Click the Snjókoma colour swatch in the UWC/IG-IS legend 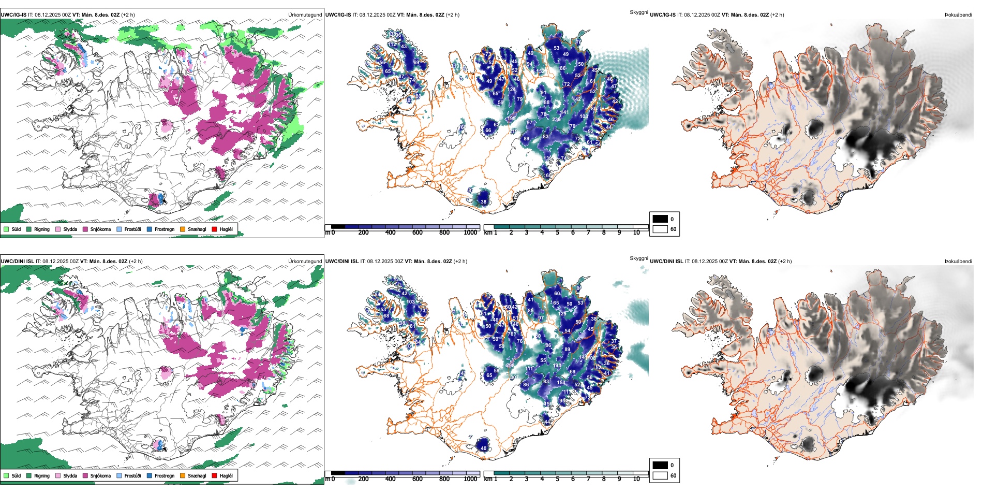point(85,229)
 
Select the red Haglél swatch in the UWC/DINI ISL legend point(214,475)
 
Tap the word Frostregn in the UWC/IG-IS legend point(165,229)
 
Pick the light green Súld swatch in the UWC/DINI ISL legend point(6,475)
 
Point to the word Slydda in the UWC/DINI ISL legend point(70,475)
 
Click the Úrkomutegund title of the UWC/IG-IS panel point(305,15)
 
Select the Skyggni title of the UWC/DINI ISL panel point(638,258)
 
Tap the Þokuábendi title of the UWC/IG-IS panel point(958,15)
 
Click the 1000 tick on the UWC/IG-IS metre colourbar point(470,233)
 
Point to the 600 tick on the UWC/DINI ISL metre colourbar point(417,479)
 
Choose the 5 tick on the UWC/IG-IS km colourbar point(557,233)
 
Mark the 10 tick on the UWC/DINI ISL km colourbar point(636,479)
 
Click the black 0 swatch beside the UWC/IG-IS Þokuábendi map point(660,219)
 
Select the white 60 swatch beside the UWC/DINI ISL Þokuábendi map point(660,475)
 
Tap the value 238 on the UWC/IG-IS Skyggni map point(556,120)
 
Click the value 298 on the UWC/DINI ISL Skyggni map point(510,366)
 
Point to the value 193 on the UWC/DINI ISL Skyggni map point(557,366)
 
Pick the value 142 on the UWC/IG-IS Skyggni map point(577,99)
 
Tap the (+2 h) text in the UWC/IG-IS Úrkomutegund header point(127,15)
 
